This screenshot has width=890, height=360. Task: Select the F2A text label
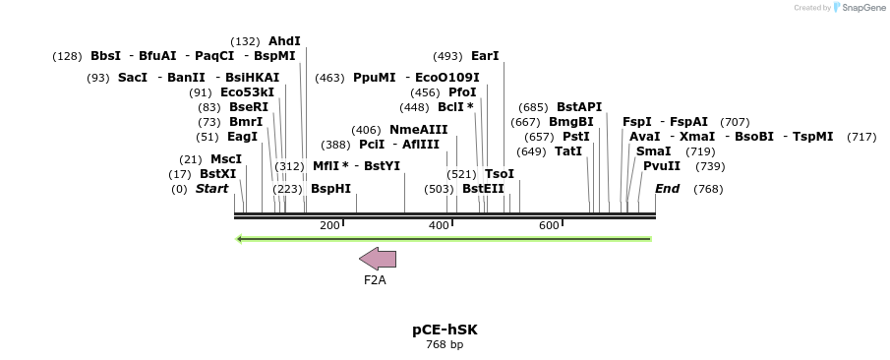375,280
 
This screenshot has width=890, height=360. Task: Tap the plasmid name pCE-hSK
445,330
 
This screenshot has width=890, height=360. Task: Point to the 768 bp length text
445,345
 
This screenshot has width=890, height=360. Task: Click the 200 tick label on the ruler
329,226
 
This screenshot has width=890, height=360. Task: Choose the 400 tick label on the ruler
439,226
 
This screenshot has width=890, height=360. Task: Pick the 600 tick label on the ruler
549,226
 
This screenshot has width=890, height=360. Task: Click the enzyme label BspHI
330,189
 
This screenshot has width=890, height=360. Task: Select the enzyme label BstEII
483,189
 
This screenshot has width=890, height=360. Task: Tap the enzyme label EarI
485,56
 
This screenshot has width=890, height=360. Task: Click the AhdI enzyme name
284,41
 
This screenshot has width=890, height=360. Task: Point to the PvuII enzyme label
662,166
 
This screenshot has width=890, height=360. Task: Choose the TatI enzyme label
568,151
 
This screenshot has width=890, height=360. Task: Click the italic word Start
211,189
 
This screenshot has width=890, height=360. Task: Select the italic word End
667,189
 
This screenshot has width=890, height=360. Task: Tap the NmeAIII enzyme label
418,130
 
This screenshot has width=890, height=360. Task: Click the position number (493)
447,56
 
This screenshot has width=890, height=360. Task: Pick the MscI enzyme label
226,159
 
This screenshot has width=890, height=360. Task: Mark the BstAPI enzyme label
579,107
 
